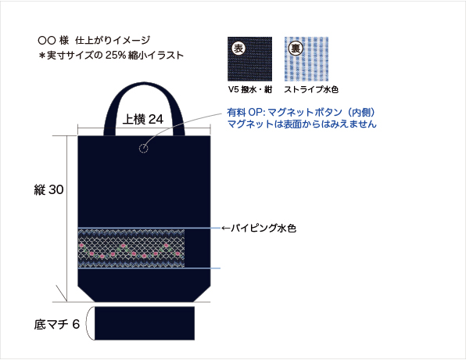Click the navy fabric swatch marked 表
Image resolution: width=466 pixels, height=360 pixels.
coord(249,59)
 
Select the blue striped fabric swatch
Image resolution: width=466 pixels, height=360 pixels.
coord(306,59)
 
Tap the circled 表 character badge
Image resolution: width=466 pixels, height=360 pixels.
coord(238,49)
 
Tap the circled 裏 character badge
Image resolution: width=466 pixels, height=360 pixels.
coord(296,49)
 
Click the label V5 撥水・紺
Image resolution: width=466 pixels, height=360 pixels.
coord(250,89)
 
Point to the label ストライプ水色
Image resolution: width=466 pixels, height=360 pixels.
coord(311,89)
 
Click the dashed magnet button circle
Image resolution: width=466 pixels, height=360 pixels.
coord(144,148)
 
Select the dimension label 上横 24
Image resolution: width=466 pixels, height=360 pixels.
coord(143,119)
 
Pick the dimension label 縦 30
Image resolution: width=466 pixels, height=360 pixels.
coord(48,189)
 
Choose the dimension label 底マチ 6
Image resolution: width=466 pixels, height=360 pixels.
coord(57,324)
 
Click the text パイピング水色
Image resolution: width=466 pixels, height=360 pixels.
coord(263,229)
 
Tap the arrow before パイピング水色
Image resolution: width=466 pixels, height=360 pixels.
coord(225,229)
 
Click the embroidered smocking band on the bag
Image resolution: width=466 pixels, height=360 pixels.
coord(131,248)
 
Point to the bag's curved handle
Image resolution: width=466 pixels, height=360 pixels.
coord(144,85)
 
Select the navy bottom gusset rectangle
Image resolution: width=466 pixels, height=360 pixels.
coord(145,323)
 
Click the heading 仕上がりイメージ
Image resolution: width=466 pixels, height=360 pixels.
coord(113,40)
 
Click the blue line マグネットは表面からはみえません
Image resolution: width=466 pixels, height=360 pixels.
coord(302,124)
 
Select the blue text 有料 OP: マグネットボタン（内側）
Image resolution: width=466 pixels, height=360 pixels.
coord(301,113)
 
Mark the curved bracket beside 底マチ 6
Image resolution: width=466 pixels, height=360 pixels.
coord(87,323)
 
